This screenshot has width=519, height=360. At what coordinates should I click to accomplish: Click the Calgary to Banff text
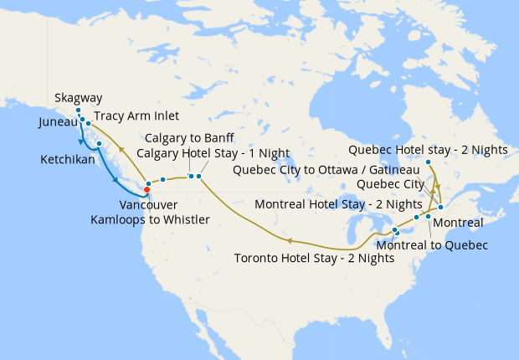point(189,138)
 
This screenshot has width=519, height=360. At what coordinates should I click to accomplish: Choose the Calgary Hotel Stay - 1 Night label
point(217,152)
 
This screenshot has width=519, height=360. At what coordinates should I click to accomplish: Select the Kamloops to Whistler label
point(151,219)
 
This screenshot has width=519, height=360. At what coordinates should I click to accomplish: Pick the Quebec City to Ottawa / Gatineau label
point(326,169)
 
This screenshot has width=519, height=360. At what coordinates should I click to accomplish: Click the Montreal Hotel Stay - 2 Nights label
point(338,204)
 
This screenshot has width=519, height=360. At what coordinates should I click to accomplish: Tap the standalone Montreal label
point(460,223)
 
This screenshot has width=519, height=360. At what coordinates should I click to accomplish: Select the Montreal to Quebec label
point(432,244)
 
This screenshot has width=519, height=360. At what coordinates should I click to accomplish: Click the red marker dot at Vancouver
point(147,189)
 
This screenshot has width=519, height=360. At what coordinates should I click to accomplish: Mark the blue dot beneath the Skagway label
point(78,111)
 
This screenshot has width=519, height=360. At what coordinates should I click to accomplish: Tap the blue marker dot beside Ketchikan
point(99,144)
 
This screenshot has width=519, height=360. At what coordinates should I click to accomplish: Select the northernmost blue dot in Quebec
point(428,162)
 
